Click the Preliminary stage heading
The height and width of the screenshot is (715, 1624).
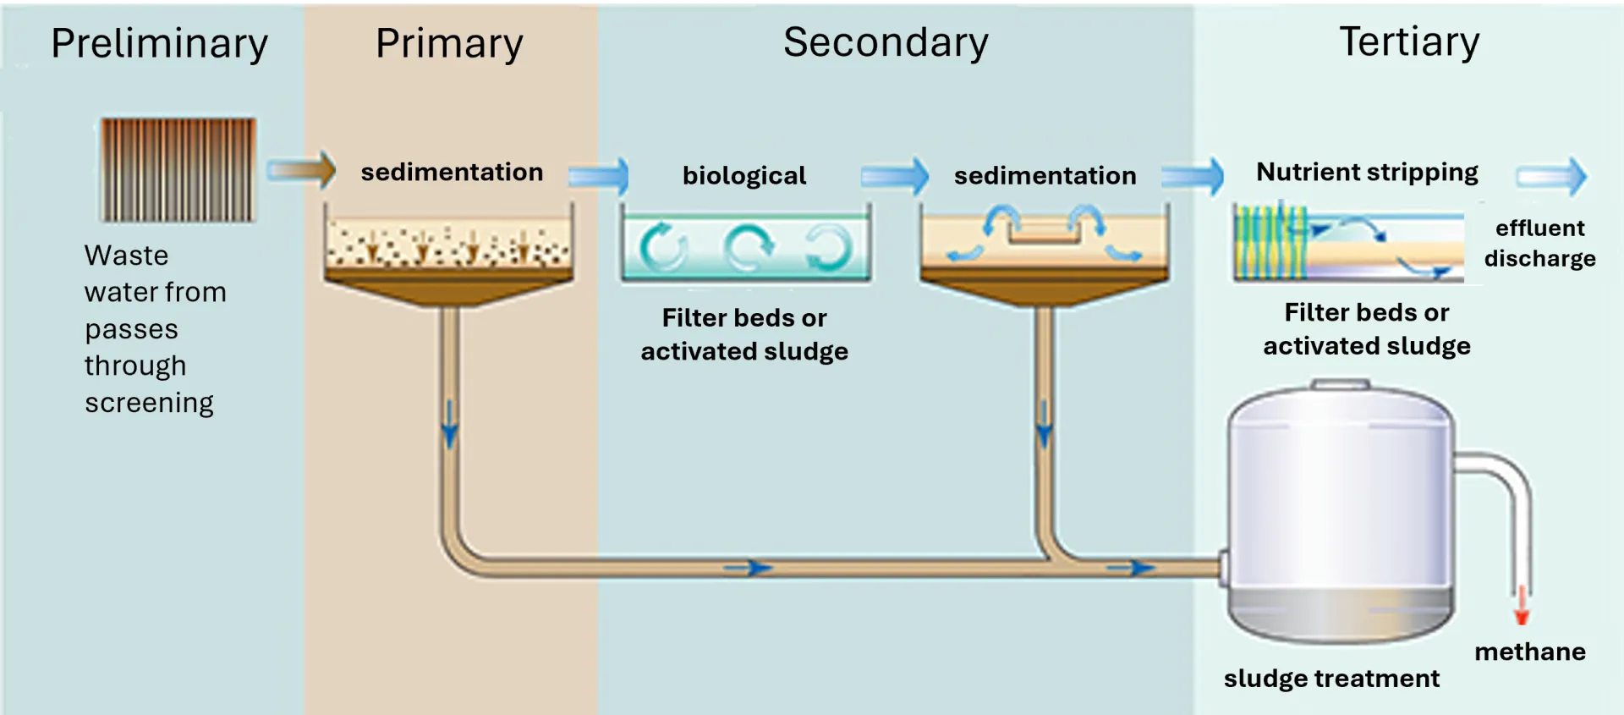[159, 44]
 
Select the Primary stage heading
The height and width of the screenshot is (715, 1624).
[449, 44]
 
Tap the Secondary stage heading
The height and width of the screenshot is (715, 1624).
[886, 42]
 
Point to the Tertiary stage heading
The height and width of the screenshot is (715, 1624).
[1409, 42]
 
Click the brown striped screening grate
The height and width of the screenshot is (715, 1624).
[178, 169]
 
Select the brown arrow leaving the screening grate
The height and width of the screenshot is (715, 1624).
[302, 170]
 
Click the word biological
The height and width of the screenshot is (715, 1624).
[744, 175]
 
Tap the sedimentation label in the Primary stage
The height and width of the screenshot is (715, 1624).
[452, 172]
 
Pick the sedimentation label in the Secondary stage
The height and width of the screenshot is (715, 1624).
[1045, 175]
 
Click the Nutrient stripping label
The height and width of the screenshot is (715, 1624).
[1367, 172]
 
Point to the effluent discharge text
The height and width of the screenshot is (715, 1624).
[1539, 243]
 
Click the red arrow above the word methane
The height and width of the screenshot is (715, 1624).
[1521, 605]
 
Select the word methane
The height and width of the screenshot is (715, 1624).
[1529, 652]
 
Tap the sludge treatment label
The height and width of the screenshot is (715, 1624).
[1331, 679]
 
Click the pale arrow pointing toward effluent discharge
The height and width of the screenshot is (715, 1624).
[1552, 177]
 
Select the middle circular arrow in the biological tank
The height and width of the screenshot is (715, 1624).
[748, 247]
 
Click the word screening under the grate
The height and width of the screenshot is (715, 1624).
[149, 403]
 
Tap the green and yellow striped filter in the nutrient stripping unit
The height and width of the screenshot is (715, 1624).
[1269, 243]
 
